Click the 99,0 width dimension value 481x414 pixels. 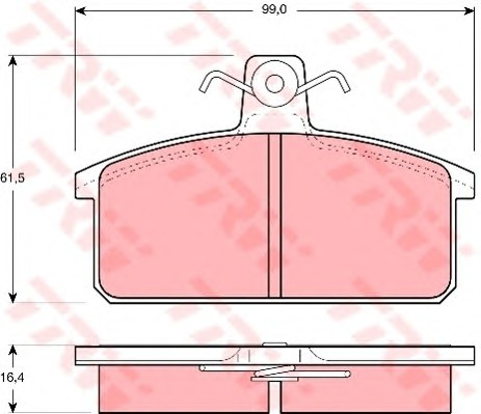[x=274, y=10]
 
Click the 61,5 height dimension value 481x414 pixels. [x=12, y=178]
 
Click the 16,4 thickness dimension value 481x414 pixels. [x=12, y=378]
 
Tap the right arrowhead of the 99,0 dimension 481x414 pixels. [x=469, y=11]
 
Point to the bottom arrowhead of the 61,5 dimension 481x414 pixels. [x=12, y=297]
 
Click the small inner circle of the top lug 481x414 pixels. [x=275, y=84]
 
